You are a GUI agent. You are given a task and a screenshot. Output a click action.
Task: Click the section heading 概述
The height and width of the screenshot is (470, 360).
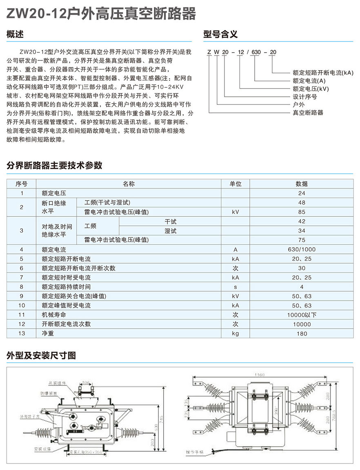pos(16,35)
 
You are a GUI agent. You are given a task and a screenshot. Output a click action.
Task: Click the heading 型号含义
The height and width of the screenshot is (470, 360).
pos(220,35)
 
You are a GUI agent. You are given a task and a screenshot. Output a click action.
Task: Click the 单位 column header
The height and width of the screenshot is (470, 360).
pos(236,184)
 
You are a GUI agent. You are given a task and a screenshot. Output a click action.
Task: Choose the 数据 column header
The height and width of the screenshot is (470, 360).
pos(302,184)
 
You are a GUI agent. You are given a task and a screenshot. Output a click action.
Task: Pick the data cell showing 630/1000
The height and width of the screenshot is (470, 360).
pos(302,249)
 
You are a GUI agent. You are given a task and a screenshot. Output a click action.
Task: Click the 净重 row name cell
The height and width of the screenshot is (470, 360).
pos(48,333)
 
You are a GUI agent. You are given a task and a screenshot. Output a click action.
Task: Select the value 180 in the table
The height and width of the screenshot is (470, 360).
pos(302,333)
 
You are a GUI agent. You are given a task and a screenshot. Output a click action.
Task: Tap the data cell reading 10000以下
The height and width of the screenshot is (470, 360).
pos(302,315)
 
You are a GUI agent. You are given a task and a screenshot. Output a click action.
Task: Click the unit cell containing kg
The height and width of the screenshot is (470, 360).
pos(236,333)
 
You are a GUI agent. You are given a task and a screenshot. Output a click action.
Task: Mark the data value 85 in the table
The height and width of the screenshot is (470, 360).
pos(302,212)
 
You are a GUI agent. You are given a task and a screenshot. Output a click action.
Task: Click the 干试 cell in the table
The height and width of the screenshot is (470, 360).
pos(170,222)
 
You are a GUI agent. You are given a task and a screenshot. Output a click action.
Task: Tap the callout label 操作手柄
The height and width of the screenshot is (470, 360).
pos(194,452)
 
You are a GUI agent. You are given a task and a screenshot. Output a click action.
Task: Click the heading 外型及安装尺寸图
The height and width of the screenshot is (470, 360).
pos(41,355)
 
